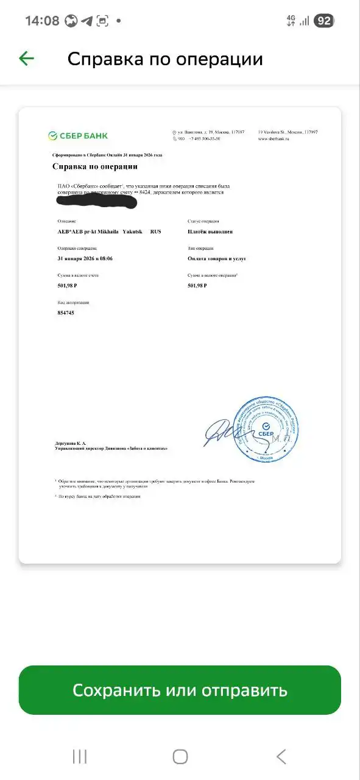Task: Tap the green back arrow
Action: click(26, 58)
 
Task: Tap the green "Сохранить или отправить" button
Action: click(180, 690)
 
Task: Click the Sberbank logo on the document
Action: click(78, 135)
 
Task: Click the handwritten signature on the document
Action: click(219, 431)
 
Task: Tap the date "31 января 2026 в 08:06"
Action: click(85, 258)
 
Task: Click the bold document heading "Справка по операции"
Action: click(94, 166)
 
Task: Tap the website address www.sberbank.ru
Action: click(273, 139)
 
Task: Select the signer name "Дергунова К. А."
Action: click(71, 442)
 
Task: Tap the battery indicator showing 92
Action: click(324, 21)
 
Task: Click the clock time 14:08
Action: click(42, 21)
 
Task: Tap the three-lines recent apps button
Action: click(80, 756)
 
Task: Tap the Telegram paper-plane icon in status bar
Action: click(87, 21)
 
